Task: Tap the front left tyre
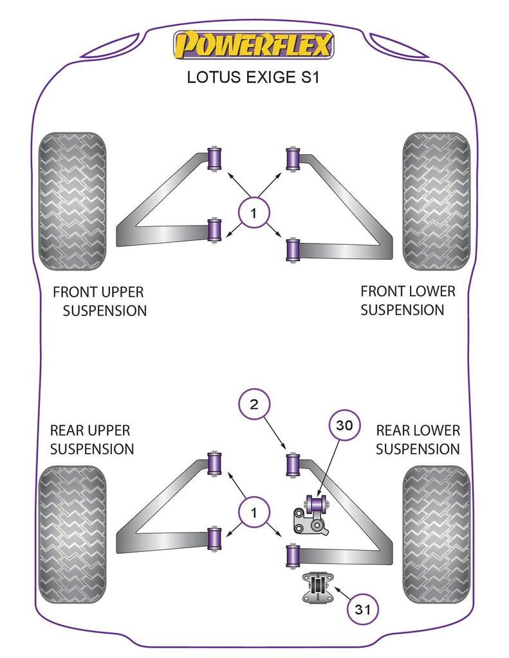(71, 201)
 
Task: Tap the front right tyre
(436, 201)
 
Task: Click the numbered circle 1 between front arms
(254, 213)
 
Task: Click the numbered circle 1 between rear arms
(254, 513)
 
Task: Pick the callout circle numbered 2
(254, 404)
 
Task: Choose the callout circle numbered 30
(346, 425)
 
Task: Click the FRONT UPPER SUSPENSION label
(99, 301)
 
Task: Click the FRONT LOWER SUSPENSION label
(407, 300)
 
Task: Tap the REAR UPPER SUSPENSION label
(91, 440)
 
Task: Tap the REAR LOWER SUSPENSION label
(418, 440)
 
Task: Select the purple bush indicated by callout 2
(293, 464)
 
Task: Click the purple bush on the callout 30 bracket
(317, 502)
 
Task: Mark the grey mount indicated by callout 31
(317, 588)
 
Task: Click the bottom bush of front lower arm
(293, 250)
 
